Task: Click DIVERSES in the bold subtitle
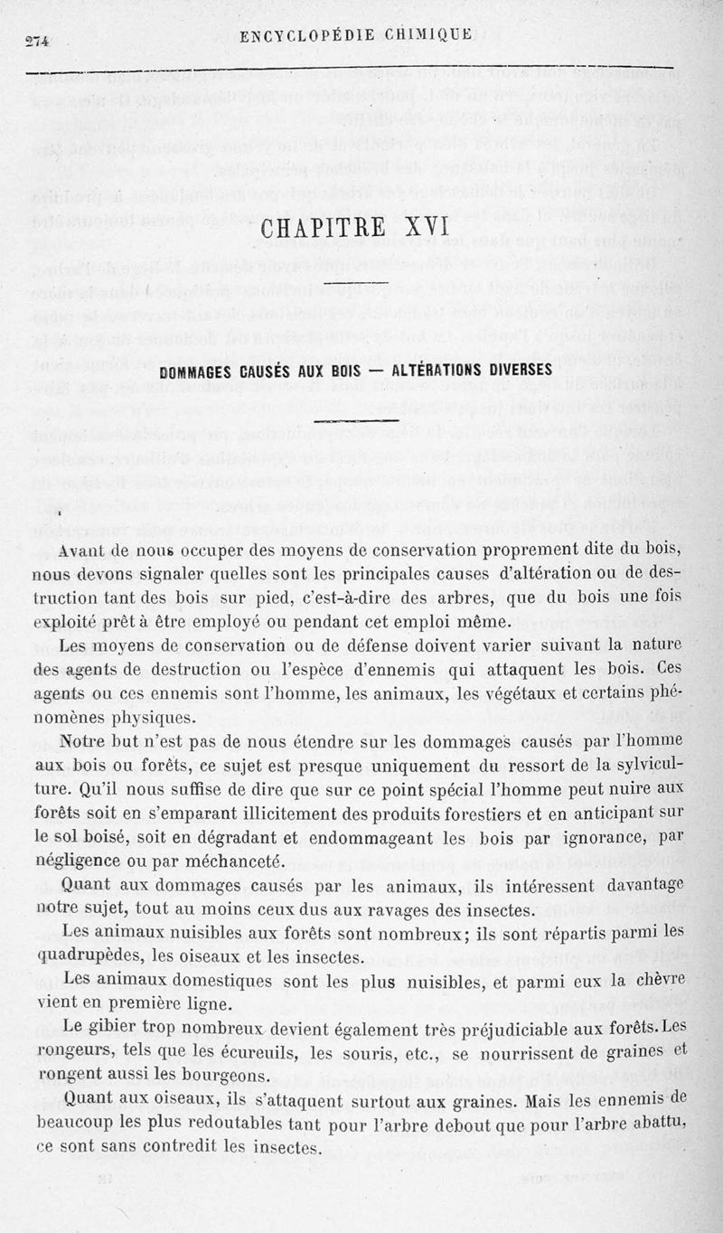(x=519, y=371)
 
